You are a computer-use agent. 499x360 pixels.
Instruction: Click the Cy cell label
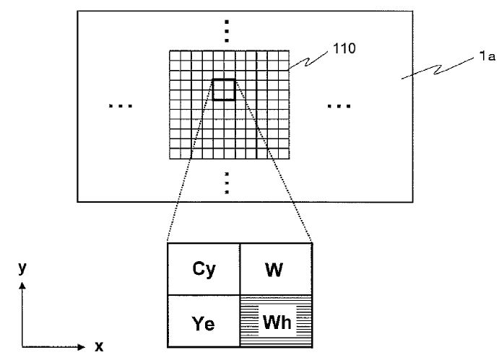(x=204, y=270)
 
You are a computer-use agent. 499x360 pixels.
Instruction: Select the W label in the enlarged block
(x=274, y=270)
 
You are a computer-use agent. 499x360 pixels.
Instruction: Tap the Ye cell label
(x=203, y=323)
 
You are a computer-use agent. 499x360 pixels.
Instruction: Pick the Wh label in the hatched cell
(x=277, y=322)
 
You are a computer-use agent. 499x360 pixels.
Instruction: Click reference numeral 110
(x=344, y=48)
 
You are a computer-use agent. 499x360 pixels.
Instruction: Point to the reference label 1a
(x=487, y=56)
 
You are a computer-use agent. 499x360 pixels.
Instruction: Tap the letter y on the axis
(x=22, y=268)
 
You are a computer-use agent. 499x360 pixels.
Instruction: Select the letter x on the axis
(x=99, y=346)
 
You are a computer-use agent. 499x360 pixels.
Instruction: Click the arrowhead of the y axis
(x=22, y=285)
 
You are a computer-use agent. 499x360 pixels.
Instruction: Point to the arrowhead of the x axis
(x=82, y=346)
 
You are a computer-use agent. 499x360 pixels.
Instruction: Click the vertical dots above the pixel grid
(x=227, y=31)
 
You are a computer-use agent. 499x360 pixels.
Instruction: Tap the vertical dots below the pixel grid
(x=227, y=183)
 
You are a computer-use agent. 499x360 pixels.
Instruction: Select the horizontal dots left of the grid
(x=121, y=106)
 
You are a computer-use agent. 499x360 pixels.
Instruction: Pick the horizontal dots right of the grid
(x=339, y=106)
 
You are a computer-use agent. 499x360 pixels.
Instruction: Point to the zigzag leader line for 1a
(x=438, y=68)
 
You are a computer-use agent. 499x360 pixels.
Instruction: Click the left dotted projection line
(x=190, y=160)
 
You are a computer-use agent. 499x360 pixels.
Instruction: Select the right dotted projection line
(x=273, y=160)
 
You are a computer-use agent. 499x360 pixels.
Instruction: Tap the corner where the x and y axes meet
(x=22, y=346)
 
